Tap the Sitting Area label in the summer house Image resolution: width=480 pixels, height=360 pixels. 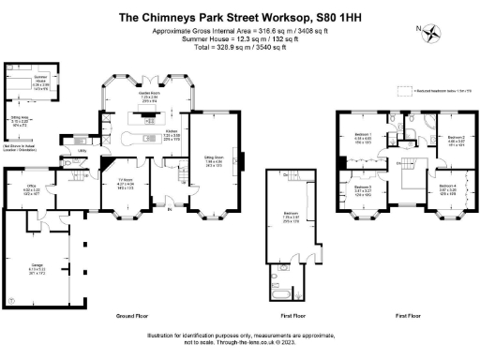click(x=19, y=121)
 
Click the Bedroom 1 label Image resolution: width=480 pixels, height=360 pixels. click(x=363, y=136)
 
